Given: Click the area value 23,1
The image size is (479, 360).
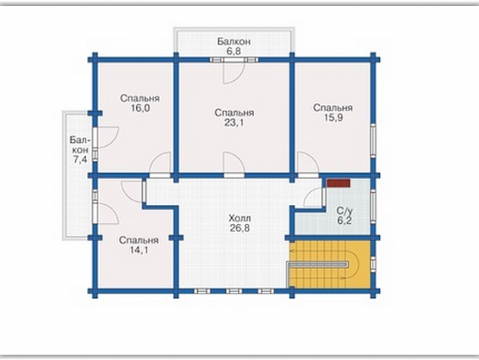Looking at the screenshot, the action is (x=234, y=123).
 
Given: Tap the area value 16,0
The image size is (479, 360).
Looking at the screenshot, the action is (x=140, y=108).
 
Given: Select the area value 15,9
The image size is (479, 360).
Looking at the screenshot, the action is (x=333, y=117).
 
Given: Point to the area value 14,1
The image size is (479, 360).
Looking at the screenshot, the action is (x=139, y=250).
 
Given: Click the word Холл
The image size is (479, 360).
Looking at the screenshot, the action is (x=239, y=219).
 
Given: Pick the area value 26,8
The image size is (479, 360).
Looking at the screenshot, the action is (x=239, y=228).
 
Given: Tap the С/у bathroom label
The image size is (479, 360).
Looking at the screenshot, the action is (x=345, y=211).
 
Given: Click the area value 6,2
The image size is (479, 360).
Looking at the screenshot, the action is (x=345, y=221).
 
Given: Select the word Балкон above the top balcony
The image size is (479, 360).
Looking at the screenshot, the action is (x=234, y=42).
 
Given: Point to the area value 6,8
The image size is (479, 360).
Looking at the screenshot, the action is (x=234, y=51).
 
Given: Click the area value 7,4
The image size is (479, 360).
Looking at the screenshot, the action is (x=80, y=160).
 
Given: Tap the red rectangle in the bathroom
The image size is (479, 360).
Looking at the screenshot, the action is (x=338, y=183).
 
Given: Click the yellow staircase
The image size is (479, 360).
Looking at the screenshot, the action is (x=330, y=264).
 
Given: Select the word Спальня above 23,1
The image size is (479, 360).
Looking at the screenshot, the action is (x=234, y=113).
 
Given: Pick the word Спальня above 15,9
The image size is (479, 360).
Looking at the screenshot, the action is (x=333, y=107).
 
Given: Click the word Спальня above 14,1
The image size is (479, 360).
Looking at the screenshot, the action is (x=139, y=240).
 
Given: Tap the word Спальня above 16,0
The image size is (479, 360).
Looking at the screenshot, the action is (x=140, y=98).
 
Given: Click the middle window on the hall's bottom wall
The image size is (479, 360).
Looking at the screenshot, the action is (x=234, y=291).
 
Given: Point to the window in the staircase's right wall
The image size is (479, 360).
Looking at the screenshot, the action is (x=373, y=264).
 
